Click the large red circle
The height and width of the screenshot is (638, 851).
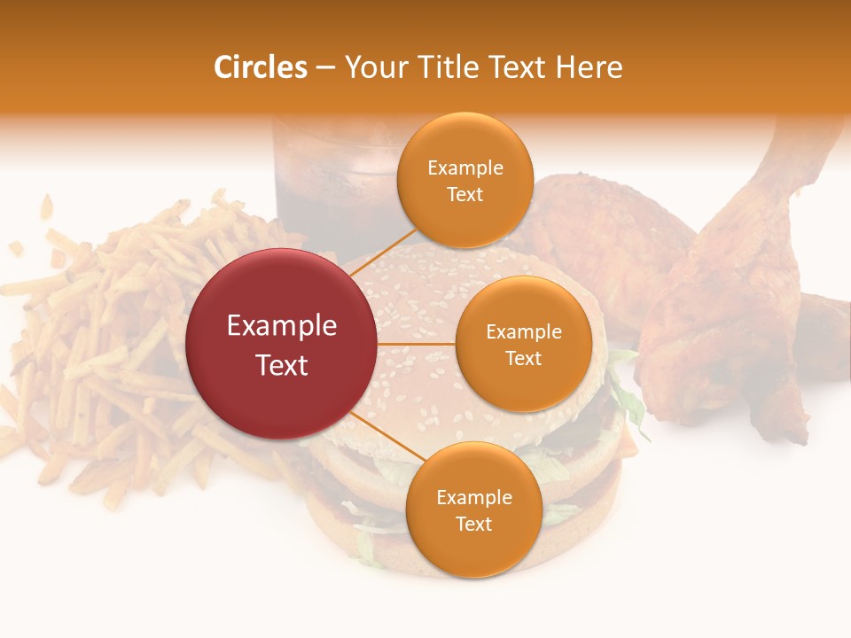[x=282, y=344]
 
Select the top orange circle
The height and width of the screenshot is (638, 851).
[x=465, y=180]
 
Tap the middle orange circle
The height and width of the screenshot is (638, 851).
[x=523, y=344]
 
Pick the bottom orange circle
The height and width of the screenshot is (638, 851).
[x=473, y=510]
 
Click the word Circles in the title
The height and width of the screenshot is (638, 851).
[x=261, y=67]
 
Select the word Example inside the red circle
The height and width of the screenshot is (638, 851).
[x=282, y=326]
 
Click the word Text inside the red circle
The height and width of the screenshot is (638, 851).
[x=282, y=365]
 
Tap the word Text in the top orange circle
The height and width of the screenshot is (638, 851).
[x=465, y=194]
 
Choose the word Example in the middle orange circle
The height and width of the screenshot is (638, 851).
[x=523, y=332]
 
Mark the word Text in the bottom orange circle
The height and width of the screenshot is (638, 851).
[x=473, y=524]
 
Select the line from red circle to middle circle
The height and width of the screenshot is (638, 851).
[x=417, y=344]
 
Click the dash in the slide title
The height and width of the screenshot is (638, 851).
[x=325, y=68]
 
